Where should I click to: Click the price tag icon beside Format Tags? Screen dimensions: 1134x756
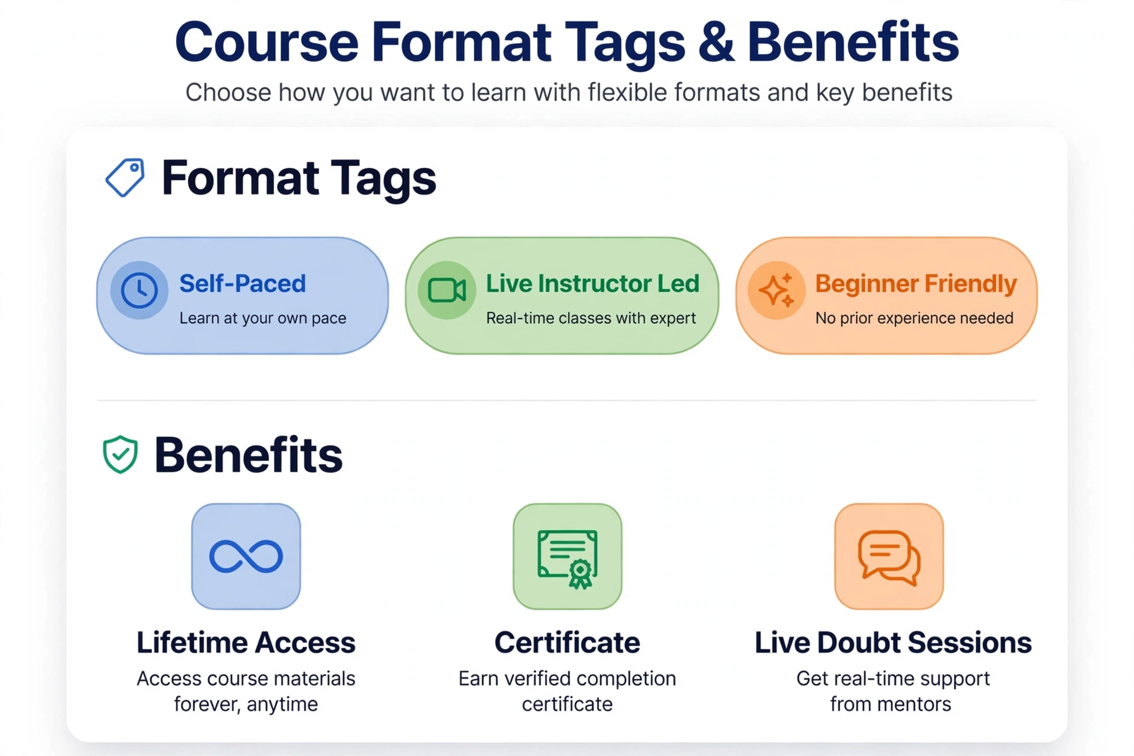pyautogui.click(x=125, y=177)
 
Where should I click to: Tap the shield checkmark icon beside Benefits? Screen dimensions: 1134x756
pyautogui.click(x=120, y=455)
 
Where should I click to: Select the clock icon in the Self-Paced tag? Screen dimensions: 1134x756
pyautogui.click(x=139, y=290)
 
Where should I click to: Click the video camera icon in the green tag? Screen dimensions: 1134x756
pyautogui.click(x=447, y=290)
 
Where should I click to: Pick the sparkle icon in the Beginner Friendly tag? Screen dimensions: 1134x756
pyautogui.click(x=776, y=290)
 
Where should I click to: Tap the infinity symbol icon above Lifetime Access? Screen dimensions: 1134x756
pyautogui.click(x=246, y=556)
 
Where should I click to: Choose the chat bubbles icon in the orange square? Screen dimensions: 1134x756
pyautogui.click(x=889, y=558)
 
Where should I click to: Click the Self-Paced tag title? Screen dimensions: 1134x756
pyautogui.click(x=243, y=283)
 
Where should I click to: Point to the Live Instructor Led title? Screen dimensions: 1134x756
pyautogui.click(x=592, y=283)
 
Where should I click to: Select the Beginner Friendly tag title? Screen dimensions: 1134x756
pyautogui.click(x=916, y=284)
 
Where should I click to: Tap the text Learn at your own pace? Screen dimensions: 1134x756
pyautogui.click(x=263, y=318)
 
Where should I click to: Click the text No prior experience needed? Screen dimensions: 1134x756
pyautogui.click(x=914, y=318)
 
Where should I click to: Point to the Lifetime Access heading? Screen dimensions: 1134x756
pyautogui.click(x=246, y=643)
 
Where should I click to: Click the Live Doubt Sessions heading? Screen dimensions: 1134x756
pyautogui.click(x=893, y=643)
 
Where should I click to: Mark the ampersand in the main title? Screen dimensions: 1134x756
pyautogui.click(x=716, y=42)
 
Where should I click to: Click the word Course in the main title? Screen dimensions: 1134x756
pyautogui.click(x=267, y=42)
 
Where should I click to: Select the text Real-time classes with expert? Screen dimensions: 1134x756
pyautogui.click(x=591, y=318)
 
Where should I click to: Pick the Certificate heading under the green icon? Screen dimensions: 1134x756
pyautogui.click(x=568, y=643)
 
